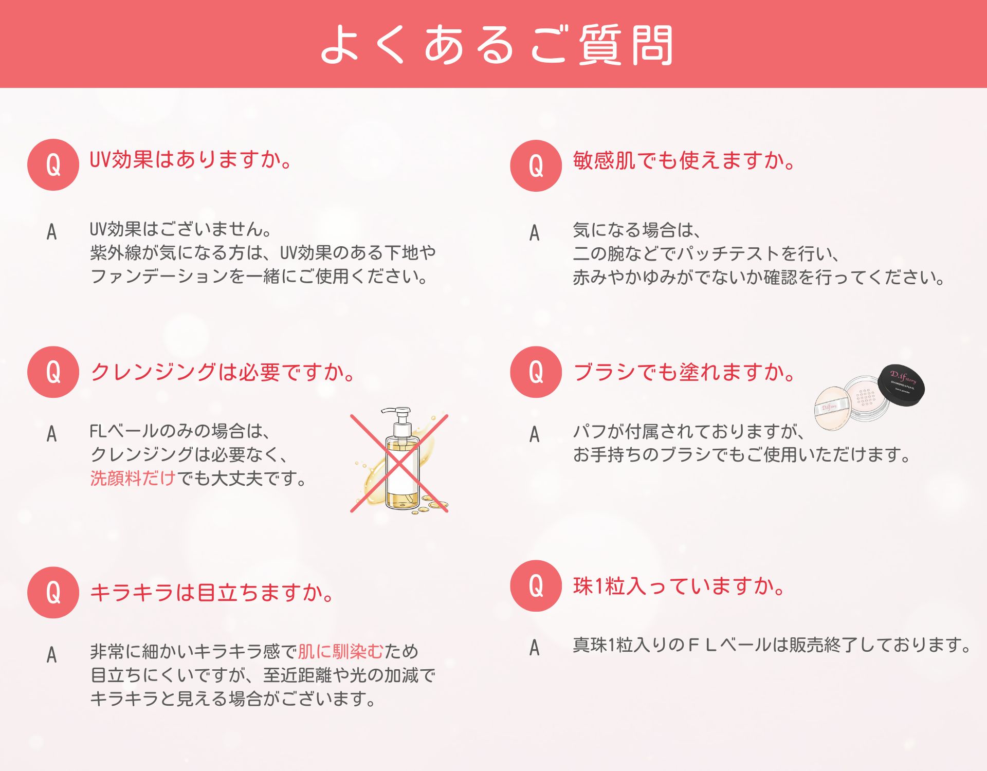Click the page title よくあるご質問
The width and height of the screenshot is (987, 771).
pyautogui.click(x=497, y=45)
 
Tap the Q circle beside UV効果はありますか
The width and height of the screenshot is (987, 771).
pyautogui.click(x=53, y=164)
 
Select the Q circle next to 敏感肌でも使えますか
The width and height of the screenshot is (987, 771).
pyautogui.click(x=536, y=166)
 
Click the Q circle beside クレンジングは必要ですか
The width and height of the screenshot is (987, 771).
pyautogui.click(x=53, y=372)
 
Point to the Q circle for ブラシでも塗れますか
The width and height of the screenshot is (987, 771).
pyautogui.click(x=536, y=372)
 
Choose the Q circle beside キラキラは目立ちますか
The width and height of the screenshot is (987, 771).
pyautogui.click(x=53, y=592)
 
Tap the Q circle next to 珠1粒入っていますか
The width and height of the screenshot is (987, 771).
pyautogui.click(x=536, y=585)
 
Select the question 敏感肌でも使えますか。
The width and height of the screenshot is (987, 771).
pyautogui.click(x=684, y=160)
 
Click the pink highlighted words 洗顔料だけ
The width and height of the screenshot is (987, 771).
pyautogui.click(x=133, y=478)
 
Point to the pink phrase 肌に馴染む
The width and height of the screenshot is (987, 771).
pyautogui.click(x=341, y=651)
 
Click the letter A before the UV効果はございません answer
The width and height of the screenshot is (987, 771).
pyautogui.click(x=51, y=232)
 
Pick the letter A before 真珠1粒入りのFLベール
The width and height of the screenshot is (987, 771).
pyautogui.click(x=535, y=648)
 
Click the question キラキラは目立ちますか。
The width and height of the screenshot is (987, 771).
pyautogui.click(x=212, y=592)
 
